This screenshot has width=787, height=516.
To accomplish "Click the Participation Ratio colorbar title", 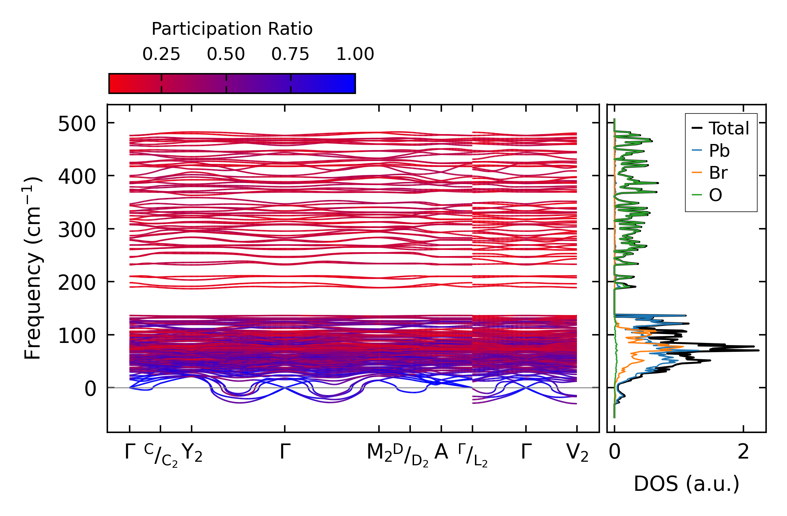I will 232,29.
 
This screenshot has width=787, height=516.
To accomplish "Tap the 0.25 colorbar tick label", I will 161,55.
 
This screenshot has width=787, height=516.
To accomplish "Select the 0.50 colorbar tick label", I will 226,55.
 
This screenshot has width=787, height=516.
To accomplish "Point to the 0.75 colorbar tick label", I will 290,55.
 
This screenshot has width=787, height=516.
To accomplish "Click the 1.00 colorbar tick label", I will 355,55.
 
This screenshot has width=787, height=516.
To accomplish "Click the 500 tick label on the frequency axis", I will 77,124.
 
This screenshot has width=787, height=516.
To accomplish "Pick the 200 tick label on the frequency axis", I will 77,283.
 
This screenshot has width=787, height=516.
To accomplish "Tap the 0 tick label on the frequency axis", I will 90,389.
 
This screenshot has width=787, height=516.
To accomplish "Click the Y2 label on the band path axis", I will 192,453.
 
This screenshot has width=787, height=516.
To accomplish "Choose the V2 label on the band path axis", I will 577,453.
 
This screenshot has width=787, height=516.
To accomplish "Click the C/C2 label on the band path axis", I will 161,455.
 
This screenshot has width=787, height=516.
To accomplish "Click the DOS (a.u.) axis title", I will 686,484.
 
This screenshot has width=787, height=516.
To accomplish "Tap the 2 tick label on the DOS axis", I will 743,452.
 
